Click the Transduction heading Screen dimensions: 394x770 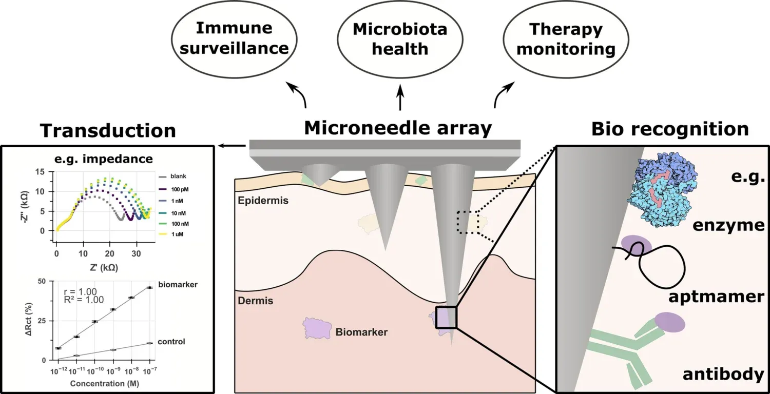pyautogui.click(x=108, y=130)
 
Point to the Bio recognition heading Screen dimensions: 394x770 pyautogui.click(x=669, y=129)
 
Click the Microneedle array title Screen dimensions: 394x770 pyautogui.click(x=398, y=128)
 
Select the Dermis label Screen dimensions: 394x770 pyautogui.click(x=255, y=301)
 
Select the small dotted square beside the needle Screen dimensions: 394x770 pyautogui.click(x=468, y=222)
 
